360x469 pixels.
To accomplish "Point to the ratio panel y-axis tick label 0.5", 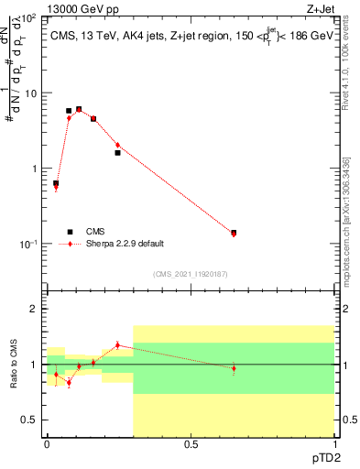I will [x=31, y=420].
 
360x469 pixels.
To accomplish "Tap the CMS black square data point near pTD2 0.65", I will [x=234, y=233].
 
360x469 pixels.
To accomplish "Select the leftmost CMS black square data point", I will [x=56, y=183].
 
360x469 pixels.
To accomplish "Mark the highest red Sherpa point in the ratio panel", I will [x=117, y=345].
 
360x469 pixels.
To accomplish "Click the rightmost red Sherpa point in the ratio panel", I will [x=234, y=368].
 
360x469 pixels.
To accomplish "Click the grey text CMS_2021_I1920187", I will [x=191, y=273].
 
